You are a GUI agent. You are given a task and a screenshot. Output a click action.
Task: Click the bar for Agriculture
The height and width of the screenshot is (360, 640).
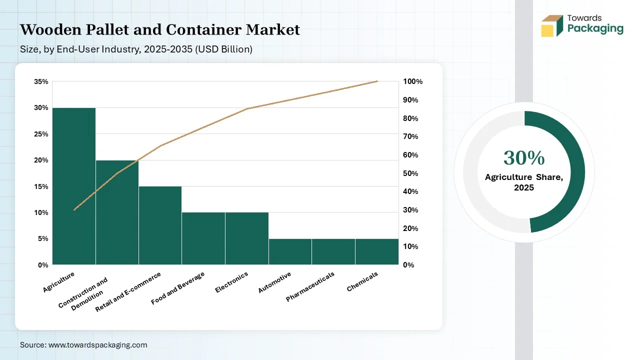[x=74, y=186]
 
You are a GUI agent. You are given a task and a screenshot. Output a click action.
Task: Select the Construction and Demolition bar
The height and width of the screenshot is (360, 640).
[x=117, y=212]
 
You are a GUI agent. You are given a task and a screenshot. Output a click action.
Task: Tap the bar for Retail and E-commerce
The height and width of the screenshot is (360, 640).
[x=160, y=225]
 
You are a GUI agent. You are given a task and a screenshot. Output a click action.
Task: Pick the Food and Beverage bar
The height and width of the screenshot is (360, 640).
[x=203, y=238]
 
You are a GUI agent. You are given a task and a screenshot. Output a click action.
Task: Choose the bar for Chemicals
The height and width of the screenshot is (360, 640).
[x=376, y=251]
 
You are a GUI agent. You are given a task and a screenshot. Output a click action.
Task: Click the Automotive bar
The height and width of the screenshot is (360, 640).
[x=290, y=251]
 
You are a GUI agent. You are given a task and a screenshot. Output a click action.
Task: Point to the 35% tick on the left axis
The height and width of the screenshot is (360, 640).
[x=41, y=81]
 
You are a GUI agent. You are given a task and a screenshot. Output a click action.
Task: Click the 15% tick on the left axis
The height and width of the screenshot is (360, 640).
[x=41, y=186]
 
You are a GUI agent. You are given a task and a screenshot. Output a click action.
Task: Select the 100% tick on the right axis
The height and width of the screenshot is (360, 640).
[x=412, y=81]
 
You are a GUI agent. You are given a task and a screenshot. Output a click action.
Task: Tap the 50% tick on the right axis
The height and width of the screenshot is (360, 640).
[x=410, y=173]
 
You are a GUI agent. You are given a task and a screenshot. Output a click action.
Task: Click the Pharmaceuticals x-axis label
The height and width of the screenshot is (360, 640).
[x=310, y=286]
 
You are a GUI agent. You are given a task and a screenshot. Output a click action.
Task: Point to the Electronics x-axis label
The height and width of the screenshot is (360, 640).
[x=232, y=282]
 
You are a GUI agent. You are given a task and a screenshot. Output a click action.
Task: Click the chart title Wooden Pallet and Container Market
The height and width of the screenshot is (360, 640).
[x=160, y=30]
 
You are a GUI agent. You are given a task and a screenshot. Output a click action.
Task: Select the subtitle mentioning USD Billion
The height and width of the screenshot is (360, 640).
[x=136, y=49]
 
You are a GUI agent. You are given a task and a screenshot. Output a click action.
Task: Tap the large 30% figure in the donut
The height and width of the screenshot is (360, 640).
[x=523, y=158]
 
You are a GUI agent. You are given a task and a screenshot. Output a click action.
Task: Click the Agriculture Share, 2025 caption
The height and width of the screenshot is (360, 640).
[x=523, y=182]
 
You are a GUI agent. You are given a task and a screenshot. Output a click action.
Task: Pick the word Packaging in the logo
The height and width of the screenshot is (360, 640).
[x=595, y=28]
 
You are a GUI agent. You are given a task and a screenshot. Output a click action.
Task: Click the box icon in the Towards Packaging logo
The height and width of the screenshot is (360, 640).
[x=551, y=25]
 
